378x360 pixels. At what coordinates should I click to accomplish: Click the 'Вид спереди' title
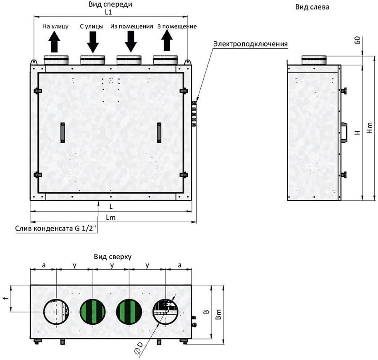(110, 5)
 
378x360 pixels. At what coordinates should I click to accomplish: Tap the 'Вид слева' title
(312, 7)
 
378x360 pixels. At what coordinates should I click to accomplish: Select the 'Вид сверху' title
(113, 257)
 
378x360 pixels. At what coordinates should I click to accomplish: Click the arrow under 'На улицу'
(54, 42)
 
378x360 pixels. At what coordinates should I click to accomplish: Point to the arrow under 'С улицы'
(93, 42)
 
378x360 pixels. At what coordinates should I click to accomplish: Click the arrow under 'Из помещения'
(131, 42)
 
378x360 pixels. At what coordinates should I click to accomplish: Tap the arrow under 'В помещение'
(167, 41)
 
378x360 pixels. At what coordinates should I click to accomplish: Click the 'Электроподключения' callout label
(250, 44)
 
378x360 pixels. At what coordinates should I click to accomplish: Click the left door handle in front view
(63, 133)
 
